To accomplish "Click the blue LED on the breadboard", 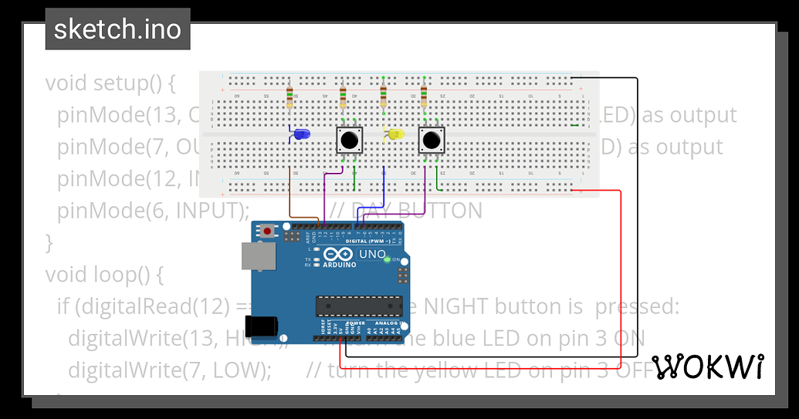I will (302, 135).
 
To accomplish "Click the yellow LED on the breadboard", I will (395, 135).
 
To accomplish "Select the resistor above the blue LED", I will (289, 98).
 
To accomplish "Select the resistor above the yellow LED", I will (383, 98).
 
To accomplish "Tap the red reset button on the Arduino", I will (268, 231).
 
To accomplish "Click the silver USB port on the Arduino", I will (258, 256).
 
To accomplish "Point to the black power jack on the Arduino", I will (261, 325).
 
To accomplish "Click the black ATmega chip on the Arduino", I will (359, 306).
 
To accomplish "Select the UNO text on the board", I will (372, 254).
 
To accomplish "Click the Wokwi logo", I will (708, 367).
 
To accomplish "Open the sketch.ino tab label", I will (117, 29).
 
